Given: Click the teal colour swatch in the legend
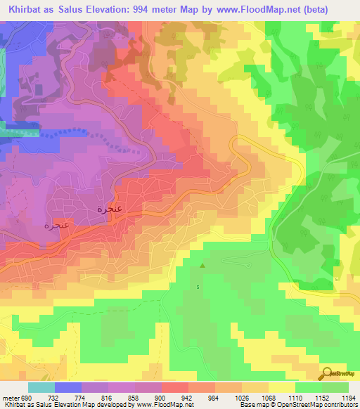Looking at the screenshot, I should coord(41,387).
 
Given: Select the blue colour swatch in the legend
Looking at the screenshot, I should coord(67,387).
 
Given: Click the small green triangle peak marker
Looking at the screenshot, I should coord(203,266).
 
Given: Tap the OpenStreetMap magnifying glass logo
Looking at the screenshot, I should coord(327,375).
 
